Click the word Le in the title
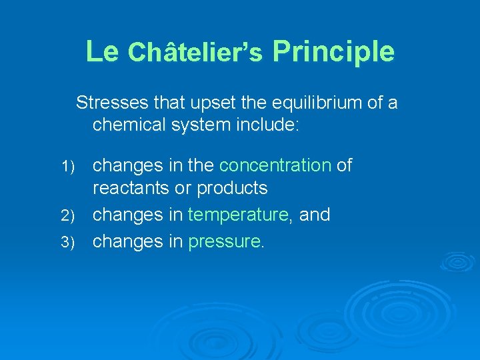(101, 51)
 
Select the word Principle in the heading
(333, 52)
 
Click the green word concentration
(275, 165)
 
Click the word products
(232, 189)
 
